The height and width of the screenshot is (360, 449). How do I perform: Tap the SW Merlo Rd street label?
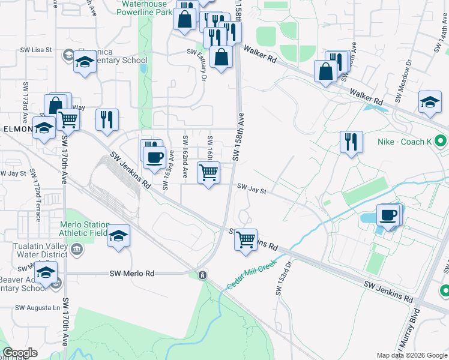click(132, 273)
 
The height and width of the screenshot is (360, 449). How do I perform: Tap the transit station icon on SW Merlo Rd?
click(203, 275)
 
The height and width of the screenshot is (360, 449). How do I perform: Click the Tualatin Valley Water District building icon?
click(76, 249)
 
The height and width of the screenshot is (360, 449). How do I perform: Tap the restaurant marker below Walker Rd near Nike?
click(351, 142)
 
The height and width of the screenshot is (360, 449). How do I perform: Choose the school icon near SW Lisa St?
click(85, 62)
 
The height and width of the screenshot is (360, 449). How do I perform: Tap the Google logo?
click(20, 353)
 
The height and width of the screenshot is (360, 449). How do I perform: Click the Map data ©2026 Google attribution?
click(412, 355)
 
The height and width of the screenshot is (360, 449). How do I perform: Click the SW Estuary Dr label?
click(203, 67)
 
